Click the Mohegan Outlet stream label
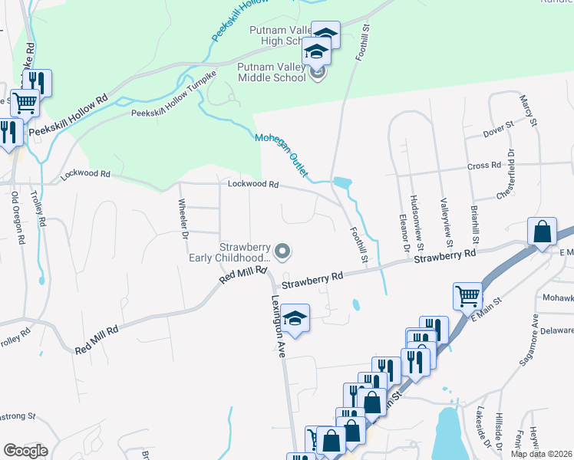[x=282, y=156]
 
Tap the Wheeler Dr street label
[x=183, y=219]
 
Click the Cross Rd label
[x=483, y=166]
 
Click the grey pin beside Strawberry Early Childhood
[x=283, y=251]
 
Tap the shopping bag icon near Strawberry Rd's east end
[x=542, y=232]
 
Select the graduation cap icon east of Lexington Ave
[x=294, y=318]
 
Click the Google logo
[x=25, y=451]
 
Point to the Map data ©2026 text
[x=541, y=454]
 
